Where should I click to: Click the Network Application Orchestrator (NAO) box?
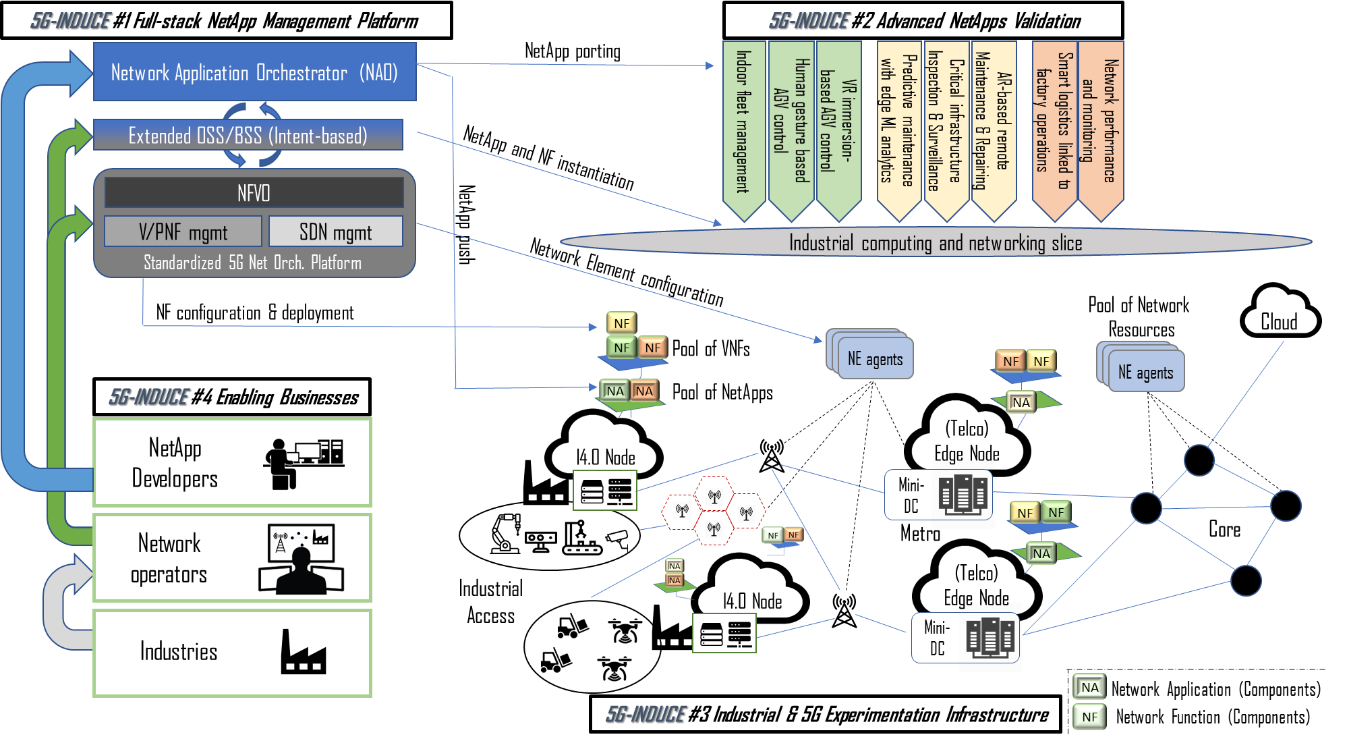254,72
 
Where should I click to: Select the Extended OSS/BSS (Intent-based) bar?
248,136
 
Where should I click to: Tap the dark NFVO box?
254,193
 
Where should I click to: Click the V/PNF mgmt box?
183,232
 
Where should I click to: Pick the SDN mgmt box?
335,232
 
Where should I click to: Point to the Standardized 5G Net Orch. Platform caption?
252,263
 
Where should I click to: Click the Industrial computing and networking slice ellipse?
935,243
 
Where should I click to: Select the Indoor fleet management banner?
743,125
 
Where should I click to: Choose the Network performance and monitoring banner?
1100,125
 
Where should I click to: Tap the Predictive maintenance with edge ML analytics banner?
898,125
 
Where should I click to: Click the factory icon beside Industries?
303,652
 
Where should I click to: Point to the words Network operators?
169,559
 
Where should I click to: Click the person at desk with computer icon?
304,462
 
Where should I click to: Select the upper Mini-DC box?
938,495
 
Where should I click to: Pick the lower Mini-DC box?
965,638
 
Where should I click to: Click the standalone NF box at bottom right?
1089,717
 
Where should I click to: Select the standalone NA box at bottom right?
1089,687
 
